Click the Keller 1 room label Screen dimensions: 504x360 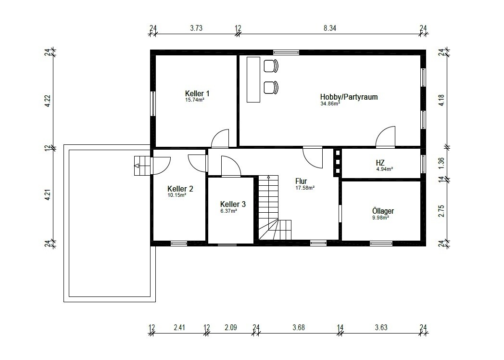(x=197, y=93)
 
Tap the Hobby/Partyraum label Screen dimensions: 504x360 (x=349, y=97)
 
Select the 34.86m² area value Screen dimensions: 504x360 (x=330, y=104)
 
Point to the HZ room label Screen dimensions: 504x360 (x=380, y=163)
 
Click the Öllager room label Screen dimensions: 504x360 (x=383, y=211)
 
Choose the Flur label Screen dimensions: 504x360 (x=301, y=181)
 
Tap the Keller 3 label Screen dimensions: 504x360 (x=233, y=204)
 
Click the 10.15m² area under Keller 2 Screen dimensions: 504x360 (x=177, y=195)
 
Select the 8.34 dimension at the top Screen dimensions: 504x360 (x=330, y=28)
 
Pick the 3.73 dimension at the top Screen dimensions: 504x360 (x=196, y=28)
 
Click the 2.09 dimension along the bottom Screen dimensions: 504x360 (x=231, y=327)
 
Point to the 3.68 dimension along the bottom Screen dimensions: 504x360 (x=299, y=327)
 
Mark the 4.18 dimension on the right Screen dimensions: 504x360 (x=441, y=101)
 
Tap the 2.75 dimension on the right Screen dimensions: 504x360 (x=441, y=211)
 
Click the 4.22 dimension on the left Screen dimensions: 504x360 (x=48, y=101)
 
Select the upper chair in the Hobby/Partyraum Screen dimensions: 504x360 (x=271, y=66)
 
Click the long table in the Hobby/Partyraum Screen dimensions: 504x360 (x=253, y=79)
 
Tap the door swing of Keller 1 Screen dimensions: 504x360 (x=220, y=138)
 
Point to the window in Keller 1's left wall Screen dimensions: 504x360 (x=153, y=103)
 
